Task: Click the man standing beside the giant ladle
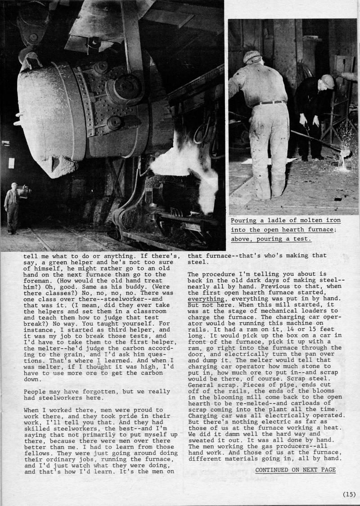pos(12,206)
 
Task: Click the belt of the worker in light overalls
pos(270,103)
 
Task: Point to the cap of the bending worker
pos(328,81)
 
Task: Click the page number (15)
pos(349,494)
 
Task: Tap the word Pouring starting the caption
pos(245,220)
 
